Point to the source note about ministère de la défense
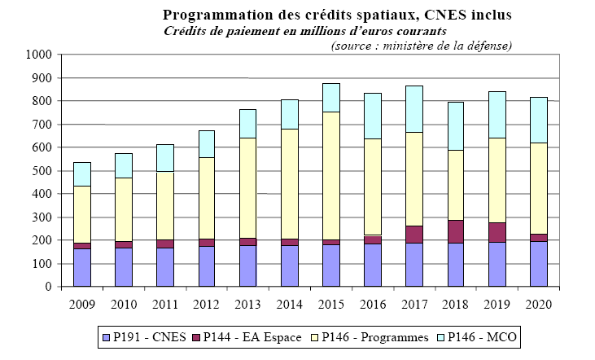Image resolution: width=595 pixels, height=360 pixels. tap(421, 45)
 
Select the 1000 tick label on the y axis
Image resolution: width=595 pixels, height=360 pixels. tap(38, 55)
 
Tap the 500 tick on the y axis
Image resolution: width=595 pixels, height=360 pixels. tap(42, 171)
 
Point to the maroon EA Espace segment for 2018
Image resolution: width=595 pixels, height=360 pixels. tap(455, 231)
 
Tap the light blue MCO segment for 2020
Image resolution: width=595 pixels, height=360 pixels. tap(537, 120)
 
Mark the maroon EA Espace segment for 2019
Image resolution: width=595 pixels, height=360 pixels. tap(496, 232)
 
